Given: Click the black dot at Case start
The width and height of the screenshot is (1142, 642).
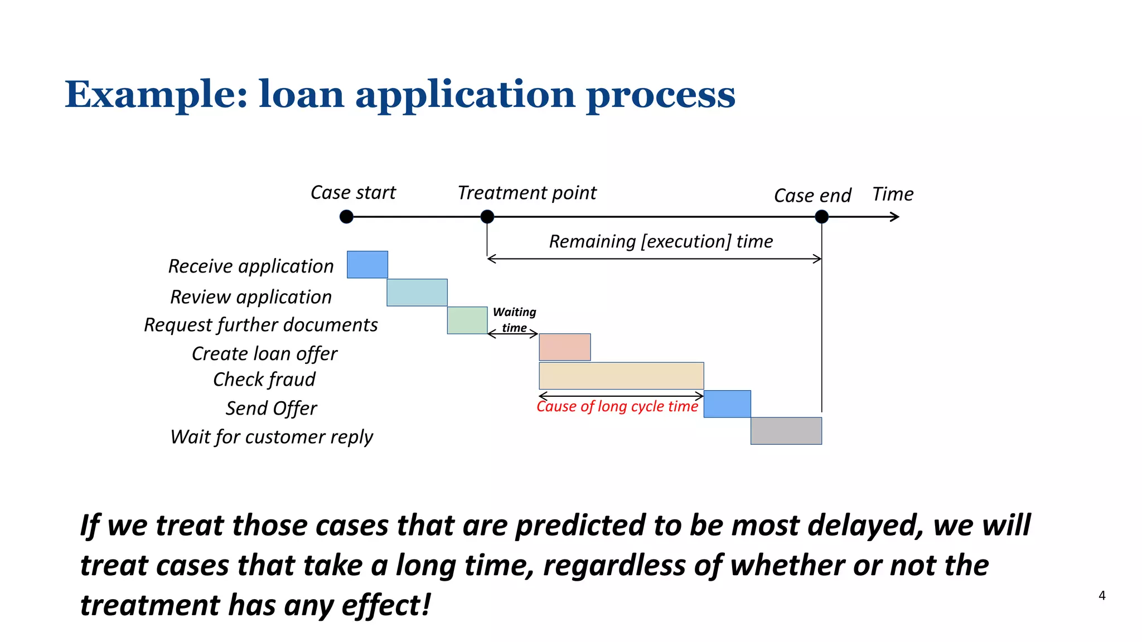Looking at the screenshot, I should pyautogui.click(x=346, y=217).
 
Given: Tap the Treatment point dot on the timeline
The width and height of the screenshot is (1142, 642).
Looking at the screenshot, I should pyautogui.click(x=487, y=217).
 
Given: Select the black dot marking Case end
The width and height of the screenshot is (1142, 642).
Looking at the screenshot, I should pyautogui.click(x=821, y=217).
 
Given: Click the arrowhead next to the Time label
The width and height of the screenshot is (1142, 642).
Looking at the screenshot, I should pyautogui.click(x=895, y=217).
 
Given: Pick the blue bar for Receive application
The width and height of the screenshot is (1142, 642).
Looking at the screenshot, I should pyautogui.click(x=367, y=265).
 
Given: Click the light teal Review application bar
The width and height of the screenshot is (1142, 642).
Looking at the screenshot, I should pyautogui.click(x=417, y=293).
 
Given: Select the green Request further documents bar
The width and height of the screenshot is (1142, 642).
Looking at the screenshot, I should pyautogui.click(x=467, y=320).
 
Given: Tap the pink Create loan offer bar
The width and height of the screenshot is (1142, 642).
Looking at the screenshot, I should pyautogui.click(x=564, y=347).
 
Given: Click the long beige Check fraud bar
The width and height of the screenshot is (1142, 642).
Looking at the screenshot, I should pyautogui.click(x=621, y=376).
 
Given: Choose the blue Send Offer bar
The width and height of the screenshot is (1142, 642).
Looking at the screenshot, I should pyautogui.click(x=727, y=404).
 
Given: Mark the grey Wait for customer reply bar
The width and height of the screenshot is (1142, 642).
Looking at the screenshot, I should pyautogui.click(x=786, y=431).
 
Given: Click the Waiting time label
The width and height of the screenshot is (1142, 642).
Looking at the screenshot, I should pyautogui.click(x=514, y=320).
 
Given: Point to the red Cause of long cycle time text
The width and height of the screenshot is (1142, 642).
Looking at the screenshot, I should pyautogui.click(x=617, y=407).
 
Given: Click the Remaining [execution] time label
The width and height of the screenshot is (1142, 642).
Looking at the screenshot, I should pyautogui.click(x=661, y=241).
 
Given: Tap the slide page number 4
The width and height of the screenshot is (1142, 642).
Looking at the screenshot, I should pyautogui.click(x=1102, y=595).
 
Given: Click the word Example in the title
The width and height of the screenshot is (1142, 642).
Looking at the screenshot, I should pyautogui.click(x=156, y=94).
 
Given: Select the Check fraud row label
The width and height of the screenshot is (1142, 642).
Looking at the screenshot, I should pyautogui.click(x=264, y=380).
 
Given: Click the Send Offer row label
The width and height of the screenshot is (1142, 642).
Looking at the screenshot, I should pyautogui.click(x=271, y=408).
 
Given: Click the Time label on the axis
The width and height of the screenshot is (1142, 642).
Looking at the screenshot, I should pyautogui.click(x=892, y=194).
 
